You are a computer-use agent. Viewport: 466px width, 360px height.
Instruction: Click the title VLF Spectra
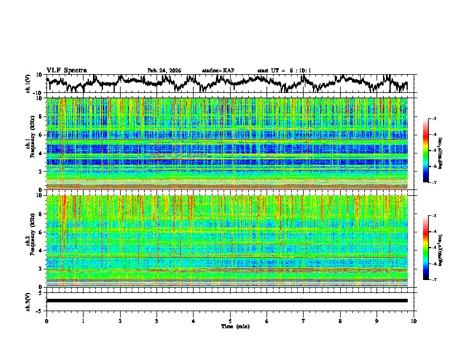(66, 71)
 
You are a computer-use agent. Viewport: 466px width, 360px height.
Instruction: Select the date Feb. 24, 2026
(164, 71)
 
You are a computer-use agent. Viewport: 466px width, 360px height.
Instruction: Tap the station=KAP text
(218, 71)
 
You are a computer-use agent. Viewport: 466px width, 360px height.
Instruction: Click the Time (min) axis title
(235, 326)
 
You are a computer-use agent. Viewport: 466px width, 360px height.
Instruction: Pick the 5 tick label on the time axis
(230, 321)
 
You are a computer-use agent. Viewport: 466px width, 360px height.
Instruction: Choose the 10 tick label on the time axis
(414, 321)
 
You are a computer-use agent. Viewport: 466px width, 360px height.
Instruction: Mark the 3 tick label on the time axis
(157, 321)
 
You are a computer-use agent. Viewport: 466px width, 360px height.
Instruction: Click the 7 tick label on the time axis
(304, 321)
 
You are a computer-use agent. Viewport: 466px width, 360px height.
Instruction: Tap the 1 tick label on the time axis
(83, 321)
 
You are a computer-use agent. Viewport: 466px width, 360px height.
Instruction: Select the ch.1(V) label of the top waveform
(28, 84)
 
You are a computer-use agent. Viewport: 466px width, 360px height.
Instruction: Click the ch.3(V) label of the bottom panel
(28, 301)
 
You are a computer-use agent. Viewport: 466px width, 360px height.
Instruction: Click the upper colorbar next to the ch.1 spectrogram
(433, 151)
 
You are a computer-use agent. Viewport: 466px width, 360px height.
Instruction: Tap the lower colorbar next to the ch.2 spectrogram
(433, 248)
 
